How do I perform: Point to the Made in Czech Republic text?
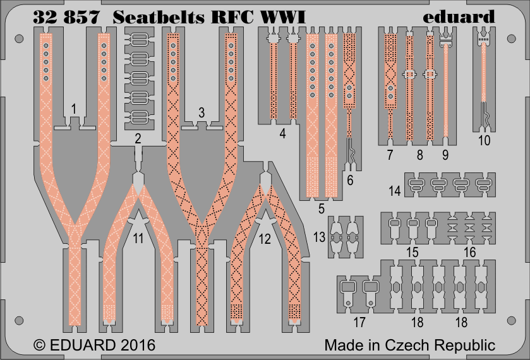[x=409, y=346]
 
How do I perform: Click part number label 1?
[x=74, y=109]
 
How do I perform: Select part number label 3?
[x=202, y=113]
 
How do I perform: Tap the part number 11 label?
[x=138, y=238]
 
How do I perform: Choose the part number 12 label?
[x=265, y=239]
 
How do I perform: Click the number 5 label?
[x=322, y=208]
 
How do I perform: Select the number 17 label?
[x=359, y=323]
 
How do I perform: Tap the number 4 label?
[x=284, y=133]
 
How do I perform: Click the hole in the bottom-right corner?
[x=512, y=321]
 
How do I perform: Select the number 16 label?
[x=469, y=252]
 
